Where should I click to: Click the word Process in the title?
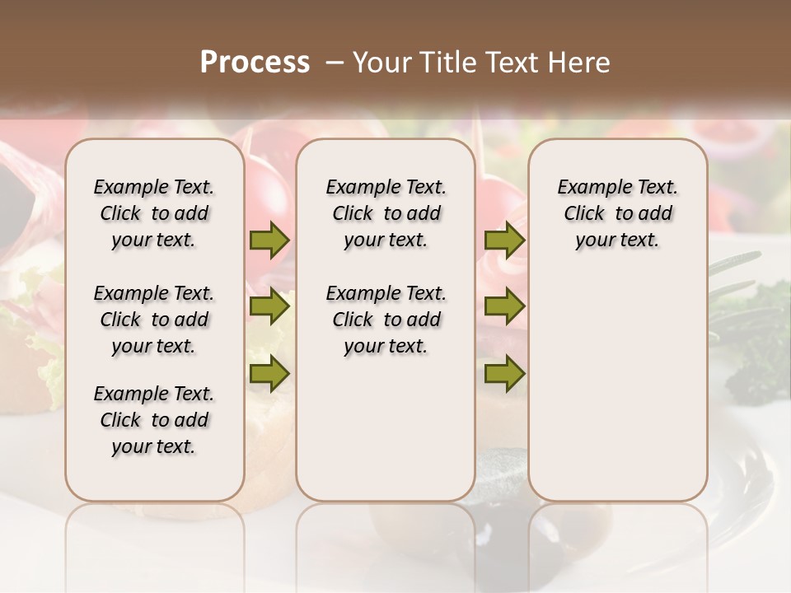255,63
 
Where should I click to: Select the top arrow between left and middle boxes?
269,240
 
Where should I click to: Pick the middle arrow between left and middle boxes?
269,307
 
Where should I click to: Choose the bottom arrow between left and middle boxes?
269,373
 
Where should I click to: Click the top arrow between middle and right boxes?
504,240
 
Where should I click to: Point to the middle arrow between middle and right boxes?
504,307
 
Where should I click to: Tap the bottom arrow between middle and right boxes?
504,373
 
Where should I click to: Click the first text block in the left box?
154,213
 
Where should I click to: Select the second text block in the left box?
154,320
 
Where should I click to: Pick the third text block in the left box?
154,420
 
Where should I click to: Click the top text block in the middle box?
386,213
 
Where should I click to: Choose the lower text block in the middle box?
386,320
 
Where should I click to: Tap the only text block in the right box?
617,213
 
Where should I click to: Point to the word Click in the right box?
584,214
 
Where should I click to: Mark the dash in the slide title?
335,63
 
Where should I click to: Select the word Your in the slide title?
379,63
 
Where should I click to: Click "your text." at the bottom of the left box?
154,447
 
